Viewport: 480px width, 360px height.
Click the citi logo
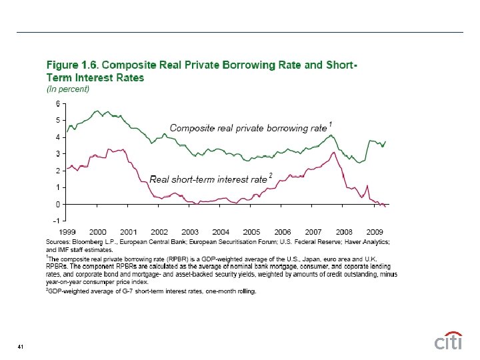click(x=448, y=341)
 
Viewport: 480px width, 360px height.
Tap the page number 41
click(x=21, y=347)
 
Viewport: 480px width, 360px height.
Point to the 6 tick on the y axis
click(x=58, y=103)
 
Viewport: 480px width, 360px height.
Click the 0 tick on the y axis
click(x=58, y=204)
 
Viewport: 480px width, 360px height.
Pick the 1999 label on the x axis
click(x=77, y=231)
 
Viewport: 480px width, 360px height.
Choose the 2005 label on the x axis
click(x=251, y=231)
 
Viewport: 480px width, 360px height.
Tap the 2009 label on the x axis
click(x=375, y=231)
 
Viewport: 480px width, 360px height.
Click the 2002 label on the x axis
click(x=159, y=231)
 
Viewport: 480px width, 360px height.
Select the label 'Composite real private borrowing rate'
click(x=248, y=127)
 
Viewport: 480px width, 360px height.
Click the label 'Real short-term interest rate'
click(x=208, y=179)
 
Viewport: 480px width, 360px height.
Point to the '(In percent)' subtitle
click(x=67, y=89)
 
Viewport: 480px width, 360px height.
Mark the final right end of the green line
click(x=385, y=141)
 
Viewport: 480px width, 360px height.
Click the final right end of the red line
click(x=385, y=207)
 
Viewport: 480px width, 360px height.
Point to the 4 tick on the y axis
click(x=58, y=137)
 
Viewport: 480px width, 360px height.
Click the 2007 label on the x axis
click(x=313, y=231)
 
